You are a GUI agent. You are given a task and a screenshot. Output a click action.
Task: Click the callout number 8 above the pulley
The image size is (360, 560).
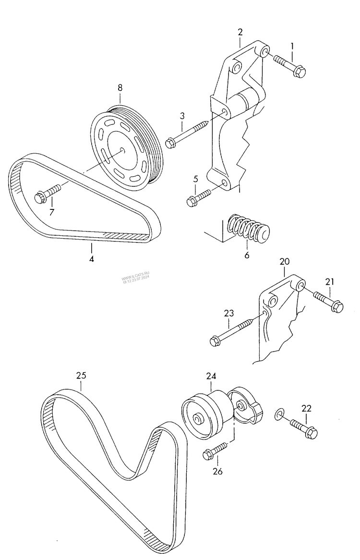tap(120, 87)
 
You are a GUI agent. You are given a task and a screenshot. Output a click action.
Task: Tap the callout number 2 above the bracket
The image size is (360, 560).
tap(240, 32)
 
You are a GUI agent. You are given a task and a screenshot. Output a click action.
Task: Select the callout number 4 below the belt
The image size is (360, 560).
tap(91, 259)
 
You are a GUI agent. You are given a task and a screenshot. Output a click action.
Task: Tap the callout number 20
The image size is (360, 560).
tap(285, 262)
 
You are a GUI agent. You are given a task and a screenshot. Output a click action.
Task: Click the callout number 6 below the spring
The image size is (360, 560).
tap(247, 255)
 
